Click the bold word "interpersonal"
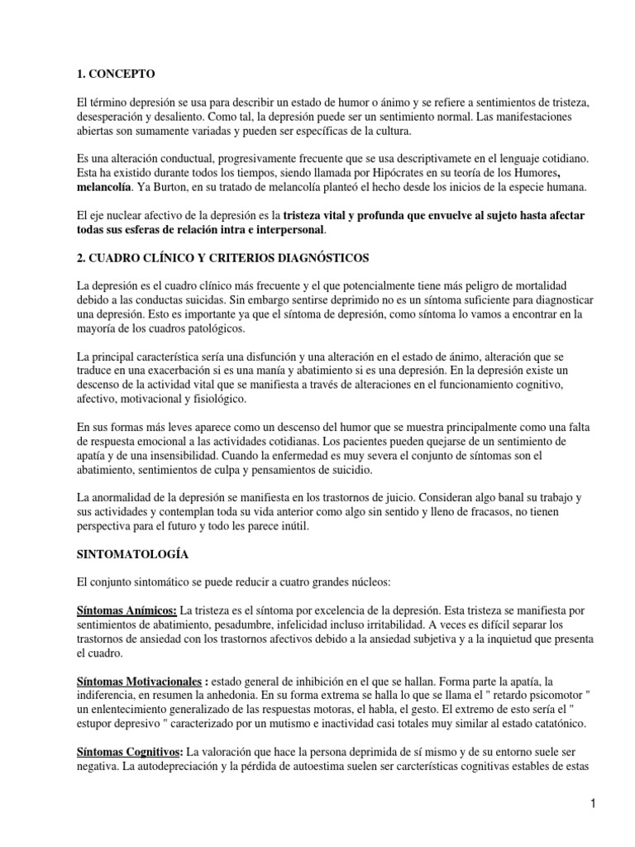[x=284, y=230]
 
